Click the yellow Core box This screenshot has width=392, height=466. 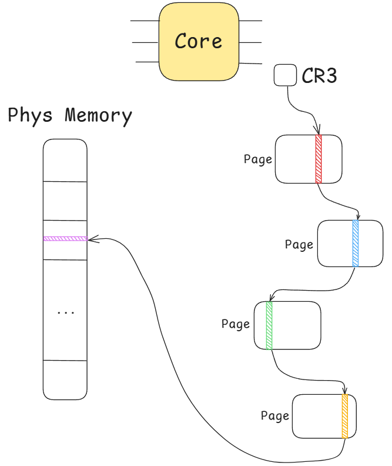[x=199, y=41]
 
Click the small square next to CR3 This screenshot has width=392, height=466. [x=285, y=75]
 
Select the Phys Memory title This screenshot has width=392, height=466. [x=70, y=115]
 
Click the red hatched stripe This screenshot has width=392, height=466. [x=319, y=159]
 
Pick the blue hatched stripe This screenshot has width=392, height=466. [x=356, y=243]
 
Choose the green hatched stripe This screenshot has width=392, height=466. [x=269, y=325]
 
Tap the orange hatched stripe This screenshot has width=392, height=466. [x=345, y=416]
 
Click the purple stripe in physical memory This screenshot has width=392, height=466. [x=65, y=238]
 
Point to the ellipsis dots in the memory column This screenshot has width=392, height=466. [x=65, y=312]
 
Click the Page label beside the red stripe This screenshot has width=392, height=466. [x=258, y=159]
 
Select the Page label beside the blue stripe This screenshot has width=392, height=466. [x=299, y=244]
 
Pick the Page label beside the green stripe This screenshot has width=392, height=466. [x=236, y=324]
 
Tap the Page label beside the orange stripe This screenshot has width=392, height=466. [x=275, y=416]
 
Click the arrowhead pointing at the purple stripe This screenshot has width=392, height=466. [x=92, y=239]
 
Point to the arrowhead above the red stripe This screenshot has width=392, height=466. [x=318, y=131]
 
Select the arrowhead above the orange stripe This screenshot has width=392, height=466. [x=345, y=390]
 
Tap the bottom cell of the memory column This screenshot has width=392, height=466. [x=65, y=380]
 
